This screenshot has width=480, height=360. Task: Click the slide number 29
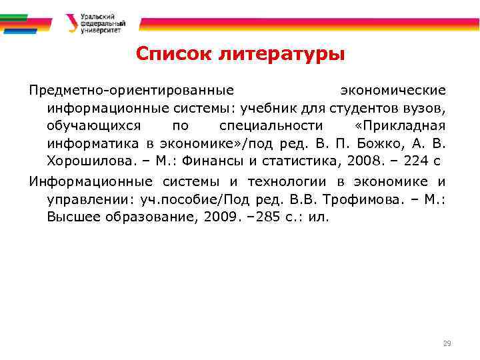(447, 344)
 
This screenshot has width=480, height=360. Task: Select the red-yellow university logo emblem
(71, 23)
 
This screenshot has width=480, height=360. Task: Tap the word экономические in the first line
(393, 89)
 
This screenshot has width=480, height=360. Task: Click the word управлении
(87, 199)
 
